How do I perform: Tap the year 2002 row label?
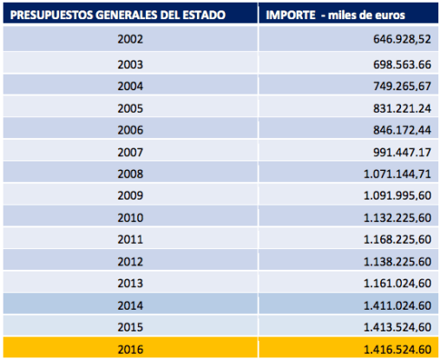[130, 40]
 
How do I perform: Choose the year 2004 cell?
[130, 85]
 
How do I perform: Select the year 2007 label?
[130, 152]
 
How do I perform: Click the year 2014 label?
[130, 305]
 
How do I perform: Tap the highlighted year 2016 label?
[130, 349]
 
